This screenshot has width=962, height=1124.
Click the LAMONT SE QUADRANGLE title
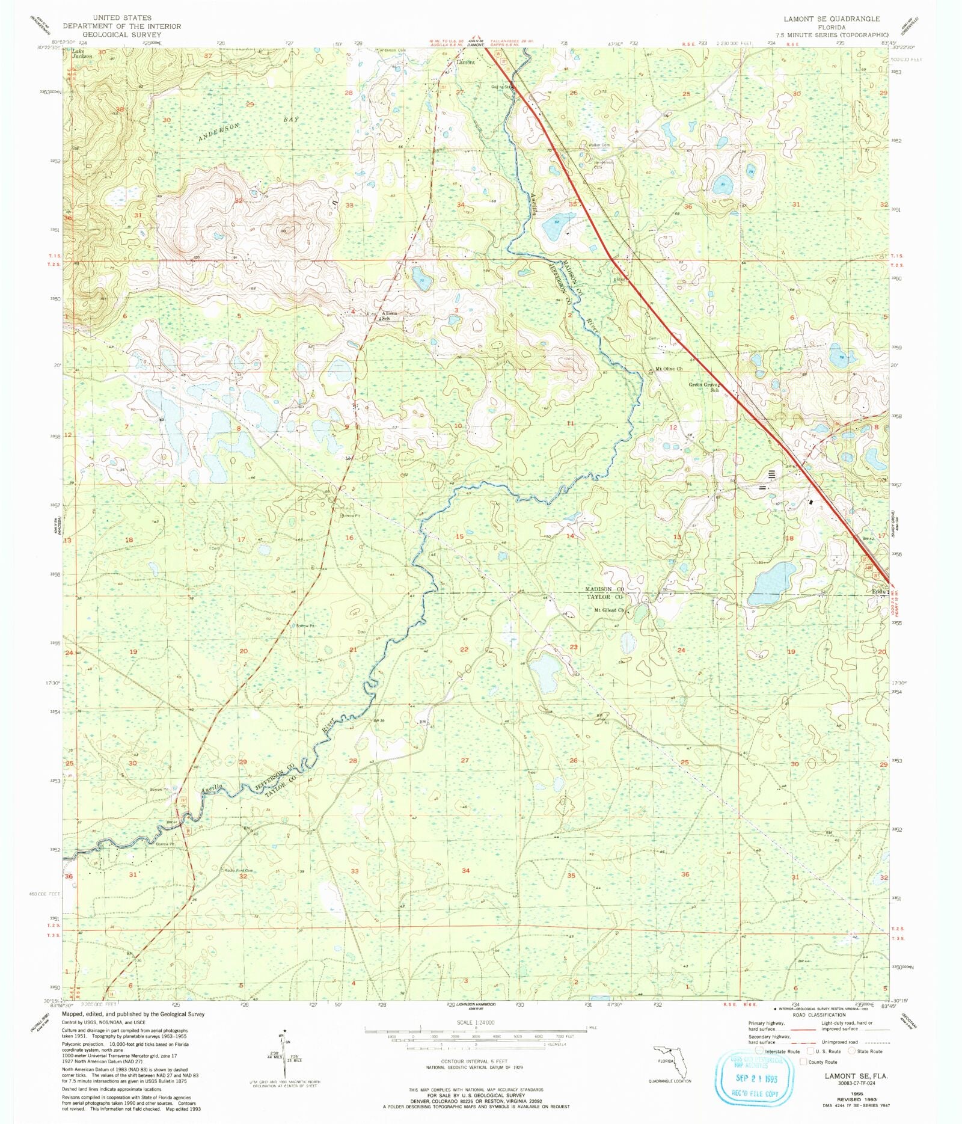[832, 19]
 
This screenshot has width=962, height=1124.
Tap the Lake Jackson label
[82, 54]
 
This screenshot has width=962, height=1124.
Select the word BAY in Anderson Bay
[291, 119]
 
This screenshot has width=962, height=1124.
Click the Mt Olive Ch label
[669, 369]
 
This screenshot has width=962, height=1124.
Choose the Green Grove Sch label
[704, 387]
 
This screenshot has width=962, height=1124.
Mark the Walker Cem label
[599, 145]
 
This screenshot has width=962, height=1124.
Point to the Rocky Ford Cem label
[239, 870]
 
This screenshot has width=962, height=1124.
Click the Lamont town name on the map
[466, 62]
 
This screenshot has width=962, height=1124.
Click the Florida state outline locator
[672, 1061]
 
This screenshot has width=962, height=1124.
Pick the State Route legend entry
[869, 1051]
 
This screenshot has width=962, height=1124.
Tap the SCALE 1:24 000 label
[475, 1022]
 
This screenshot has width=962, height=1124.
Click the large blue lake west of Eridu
[772, 584]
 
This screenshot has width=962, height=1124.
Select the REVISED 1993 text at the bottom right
[856, 1100]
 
